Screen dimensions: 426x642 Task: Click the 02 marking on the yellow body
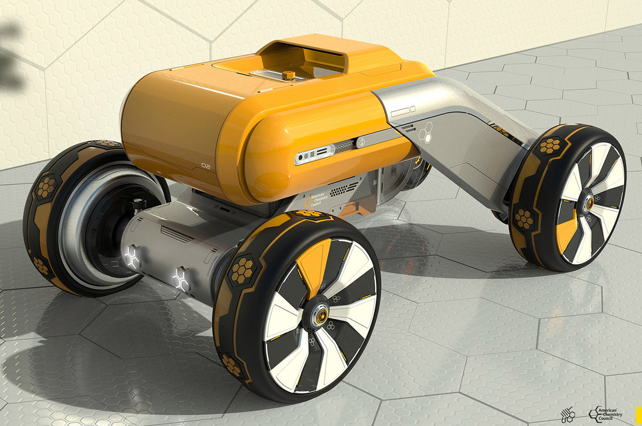206,165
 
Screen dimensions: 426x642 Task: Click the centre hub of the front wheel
319,314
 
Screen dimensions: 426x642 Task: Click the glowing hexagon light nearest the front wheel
181,279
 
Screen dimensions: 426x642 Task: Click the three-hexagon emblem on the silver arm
425,132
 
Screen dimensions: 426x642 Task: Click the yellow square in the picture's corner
638,414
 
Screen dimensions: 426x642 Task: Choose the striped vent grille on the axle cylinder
176,235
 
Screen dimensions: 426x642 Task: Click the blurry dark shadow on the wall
10,55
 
